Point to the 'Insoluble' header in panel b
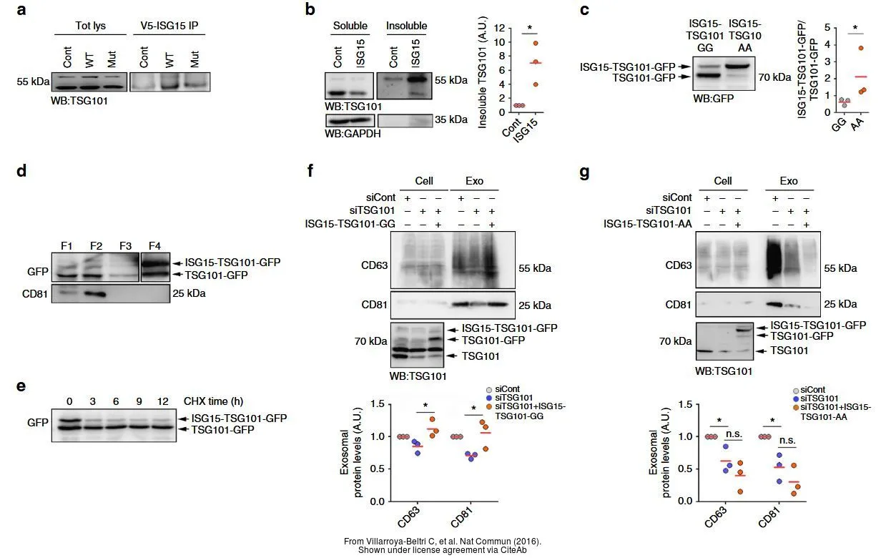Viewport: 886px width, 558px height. tap(406, 26)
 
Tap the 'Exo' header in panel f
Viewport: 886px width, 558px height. tap(474, 181)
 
